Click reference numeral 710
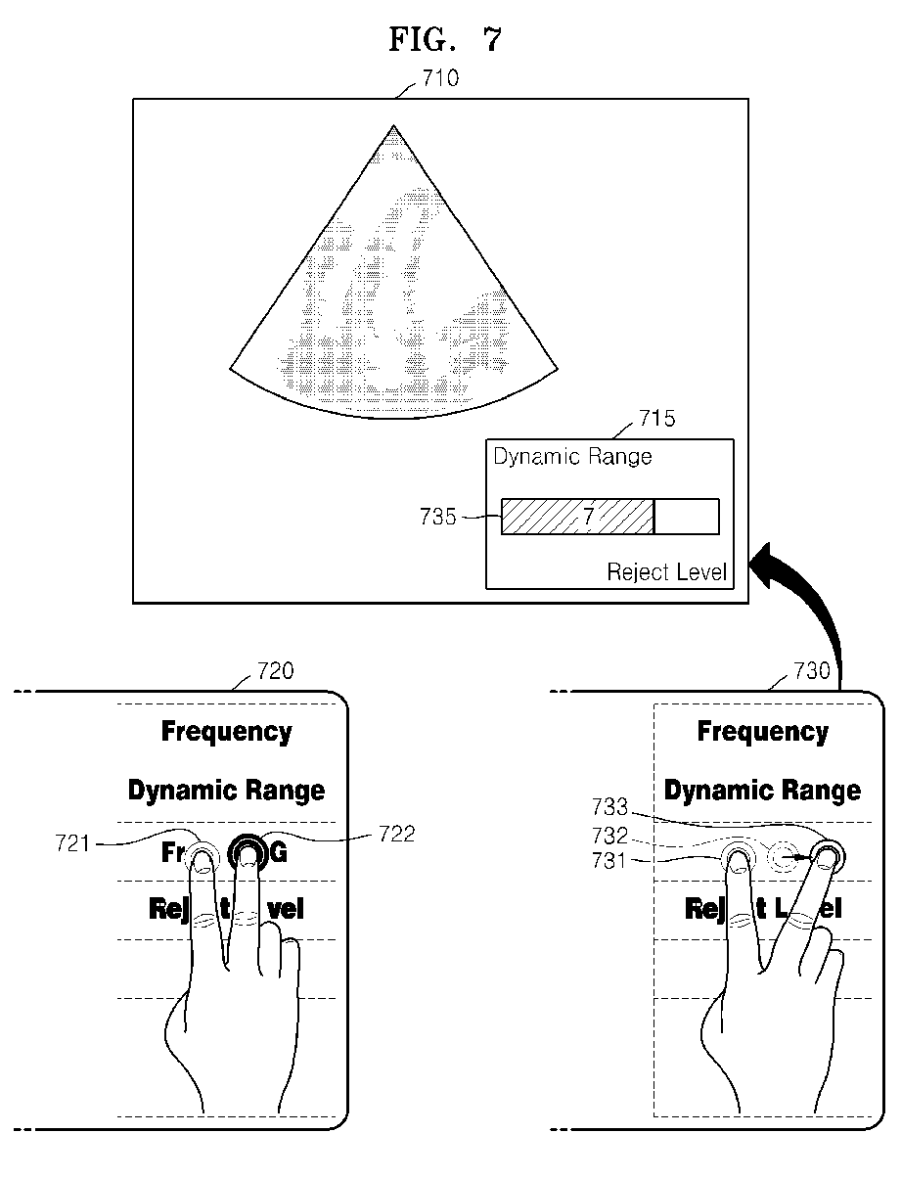click(439, 78)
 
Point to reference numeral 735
click(438, 517)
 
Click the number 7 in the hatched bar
click(588, 517)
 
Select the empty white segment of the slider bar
click(686, 517)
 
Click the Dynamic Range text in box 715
click(572, 457)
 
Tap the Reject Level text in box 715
click(667, 571)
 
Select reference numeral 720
click(275, 671)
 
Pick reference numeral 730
click(811, 671)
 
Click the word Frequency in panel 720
click(226, 732)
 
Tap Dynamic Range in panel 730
click(762, 791)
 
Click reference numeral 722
click(395, 834)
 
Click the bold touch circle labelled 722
click(248, 854)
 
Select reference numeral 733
click(609, 807)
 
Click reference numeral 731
click(609, 860)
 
